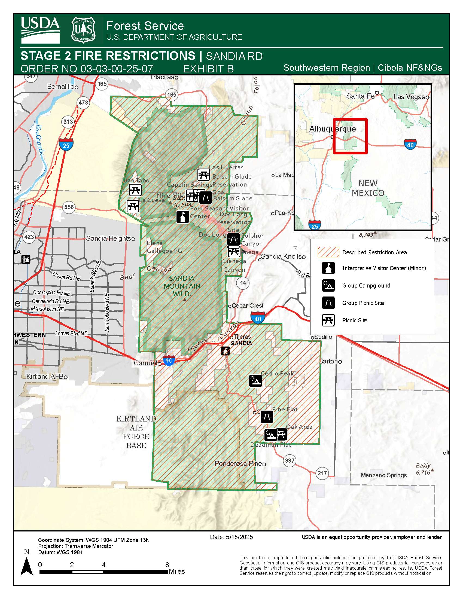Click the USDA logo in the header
pos(40,30)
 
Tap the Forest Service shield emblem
pos(83,30)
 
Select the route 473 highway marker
pos(83,103)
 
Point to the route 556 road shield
pos(69,207)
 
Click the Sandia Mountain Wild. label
pos(182,286)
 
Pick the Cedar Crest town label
pos(247,305)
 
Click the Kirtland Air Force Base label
pos(136,432)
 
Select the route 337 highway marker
pos(290,460)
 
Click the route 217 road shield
pos(322,473)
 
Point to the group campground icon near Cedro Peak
pos(255,381)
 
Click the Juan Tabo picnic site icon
pos(135,190)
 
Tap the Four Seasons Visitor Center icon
pos(182,217)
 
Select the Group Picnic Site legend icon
pos(328,303)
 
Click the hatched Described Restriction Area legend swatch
pos(328,252)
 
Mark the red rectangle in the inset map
pos(350,136)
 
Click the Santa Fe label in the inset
pos(360,96)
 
